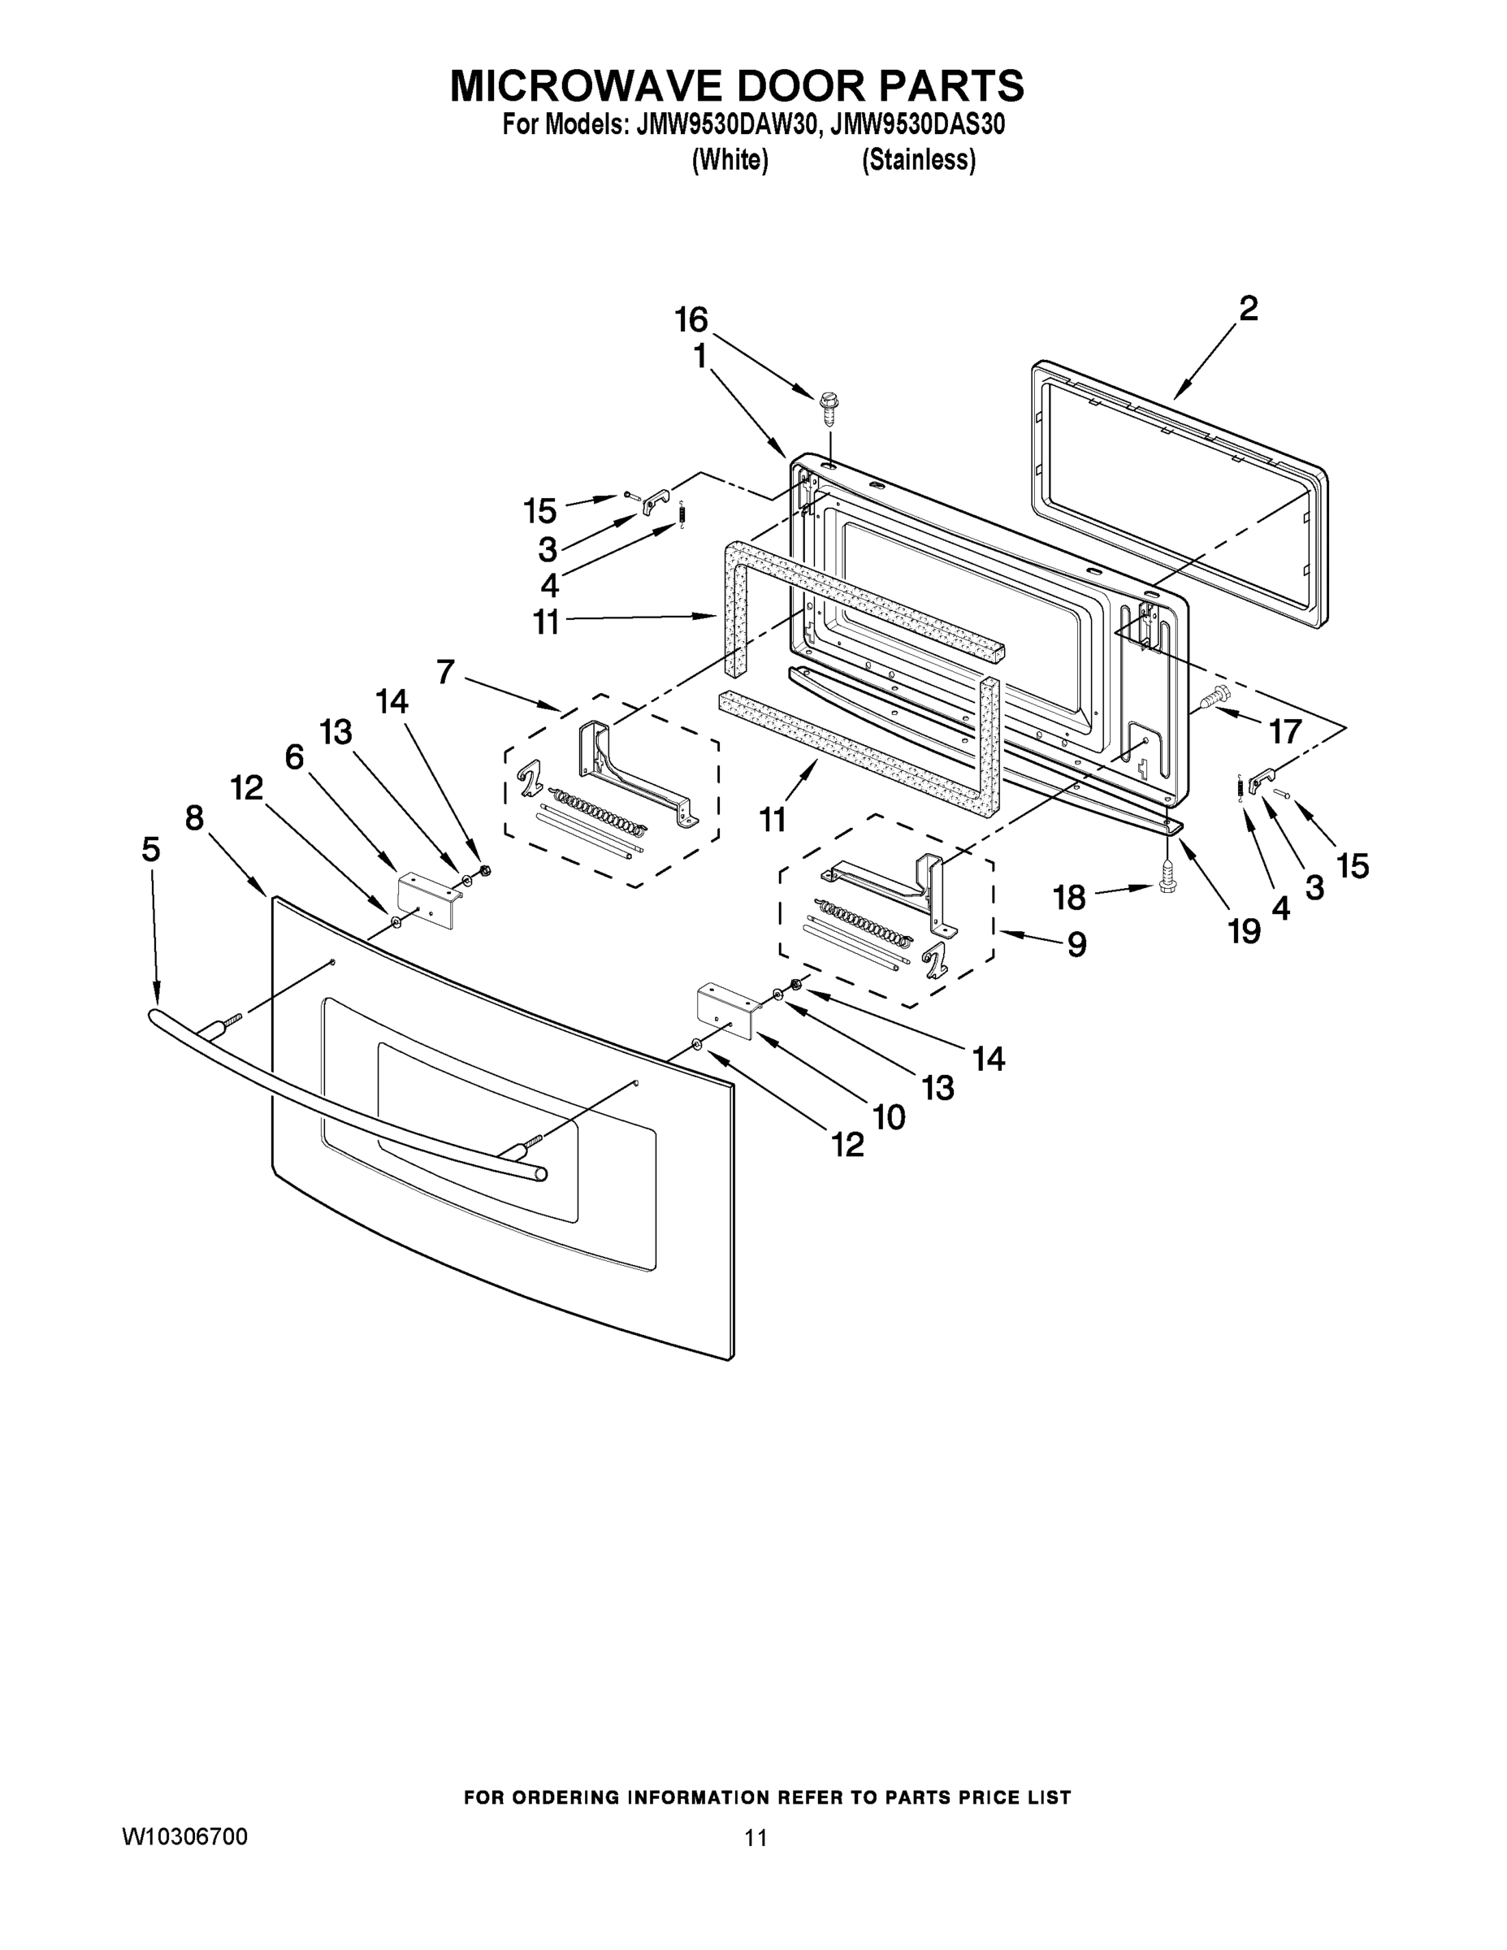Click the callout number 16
click(x=691, y=318)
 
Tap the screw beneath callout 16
click(x=829, y=406)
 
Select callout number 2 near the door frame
click(x=1248, y=309)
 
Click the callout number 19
click(x=1244, y=931)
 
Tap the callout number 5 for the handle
click(x=151, y=849)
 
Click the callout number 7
click(x=445, y=670)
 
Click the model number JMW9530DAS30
click(x=917, y=124)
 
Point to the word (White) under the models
click(x=730, y=160)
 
